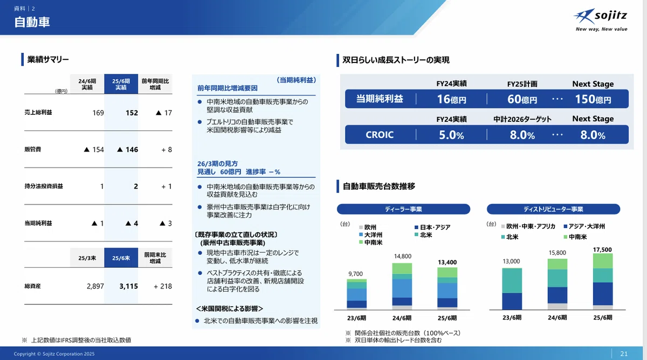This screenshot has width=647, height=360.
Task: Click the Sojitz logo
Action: click(601, 19)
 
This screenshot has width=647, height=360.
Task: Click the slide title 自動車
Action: click(32, 22)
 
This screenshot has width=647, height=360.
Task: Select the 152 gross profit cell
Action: click(132, 113)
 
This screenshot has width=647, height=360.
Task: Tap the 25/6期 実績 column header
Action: click(121, 84)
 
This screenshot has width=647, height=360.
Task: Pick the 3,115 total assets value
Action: click(128, 286)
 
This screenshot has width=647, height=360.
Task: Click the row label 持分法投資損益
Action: click(44, 186)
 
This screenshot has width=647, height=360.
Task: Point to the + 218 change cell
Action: click(163, 286)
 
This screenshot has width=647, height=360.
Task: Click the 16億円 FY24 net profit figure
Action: click(451, 99)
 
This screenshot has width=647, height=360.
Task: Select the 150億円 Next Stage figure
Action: click(593, 99)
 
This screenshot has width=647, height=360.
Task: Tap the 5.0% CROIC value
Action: click(451, 135)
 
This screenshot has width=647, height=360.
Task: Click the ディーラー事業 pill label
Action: click(403, 209)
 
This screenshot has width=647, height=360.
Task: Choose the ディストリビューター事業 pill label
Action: click(553, 209)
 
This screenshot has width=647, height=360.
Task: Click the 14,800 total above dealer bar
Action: click(402, 256)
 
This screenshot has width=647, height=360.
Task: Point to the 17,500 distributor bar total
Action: click(602, 250)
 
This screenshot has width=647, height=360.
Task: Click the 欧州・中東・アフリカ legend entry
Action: click(528, 226)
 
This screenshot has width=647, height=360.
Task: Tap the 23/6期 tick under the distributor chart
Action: click(512, 317)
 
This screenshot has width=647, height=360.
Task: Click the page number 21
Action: click(624, 354)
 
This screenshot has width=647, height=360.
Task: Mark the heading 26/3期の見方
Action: click(217, 164)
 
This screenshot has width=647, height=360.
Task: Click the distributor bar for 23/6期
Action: click(512, 289)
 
